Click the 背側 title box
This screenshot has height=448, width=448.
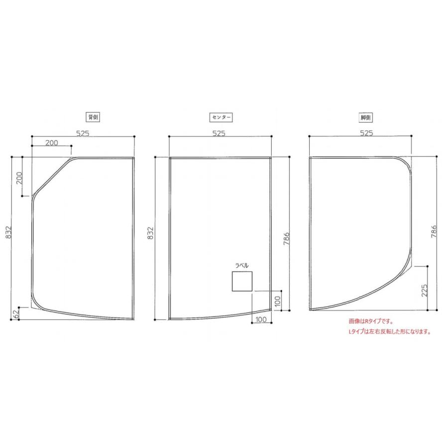[93, 117]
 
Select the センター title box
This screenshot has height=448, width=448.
[221, 117]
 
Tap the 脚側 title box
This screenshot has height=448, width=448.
[366, 117]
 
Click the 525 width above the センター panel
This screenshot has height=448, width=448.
[219, 133]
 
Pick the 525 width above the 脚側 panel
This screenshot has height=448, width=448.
[366, 133]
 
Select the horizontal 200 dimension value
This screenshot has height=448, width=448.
[51, 142]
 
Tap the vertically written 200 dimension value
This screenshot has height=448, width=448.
[19, 177]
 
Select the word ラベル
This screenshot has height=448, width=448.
[241, 266]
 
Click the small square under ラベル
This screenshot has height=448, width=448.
[242, 281]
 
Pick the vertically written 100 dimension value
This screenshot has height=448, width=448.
[277, 300]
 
